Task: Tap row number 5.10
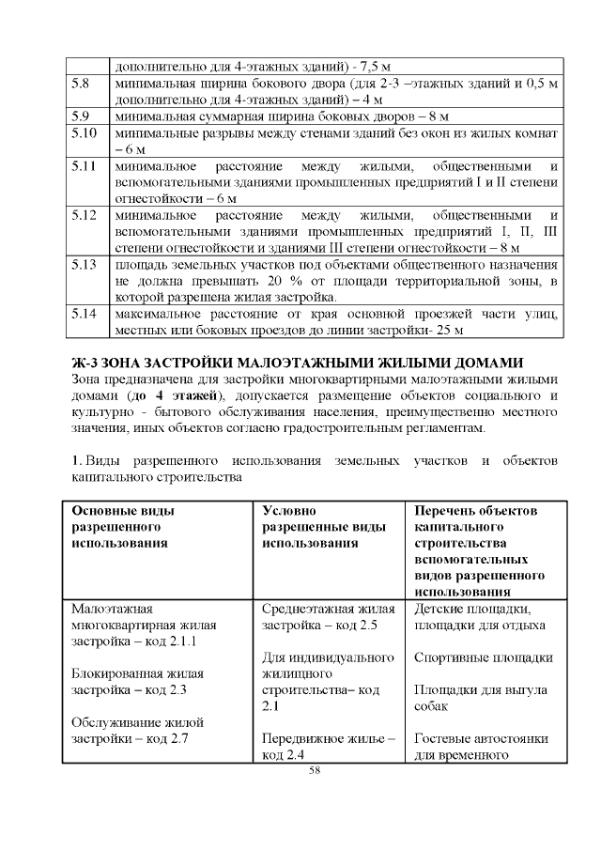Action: [85, 132]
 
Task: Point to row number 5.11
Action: [85, 166]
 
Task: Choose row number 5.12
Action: [85, 215]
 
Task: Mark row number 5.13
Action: [85, 264]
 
